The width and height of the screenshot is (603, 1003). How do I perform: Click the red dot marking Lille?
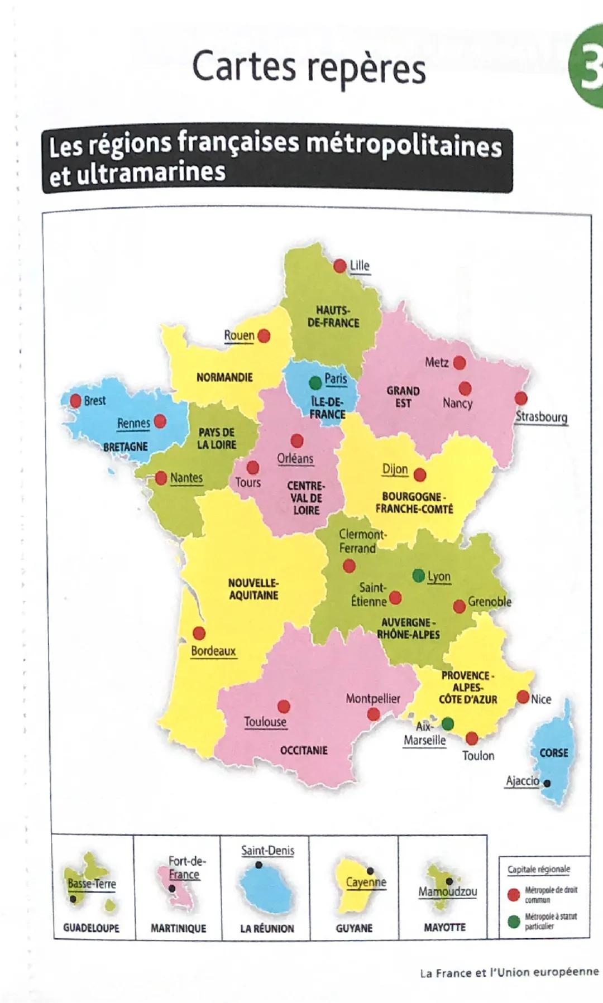pyautogui.click(x=339, y=266)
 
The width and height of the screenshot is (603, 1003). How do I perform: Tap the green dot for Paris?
pyautogui.click(x=315, y=382)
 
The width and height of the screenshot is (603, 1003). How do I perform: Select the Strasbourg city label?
pyautogui.click(x=541, y=417)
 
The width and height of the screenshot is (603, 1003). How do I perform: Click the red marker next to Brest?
pyautogui.click(x=75, y=400)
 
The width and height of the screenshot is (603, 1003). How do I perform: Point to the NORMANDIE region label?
pyautogui.click(x=224, y=377)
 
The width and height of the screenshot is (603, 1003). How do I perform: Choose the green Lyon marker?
pyautogui.click(x=418, y=575)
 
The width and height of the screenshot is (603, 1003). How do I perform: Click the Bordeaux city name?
pyautogui.click(x=213, y=651)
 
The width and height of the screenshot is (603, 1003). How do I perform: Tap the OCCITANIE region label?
pyautogui.click(x=304, y=750)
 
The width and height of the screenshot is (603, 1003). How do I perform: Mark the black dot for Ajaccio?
pyautogui.click(x=547, y=783)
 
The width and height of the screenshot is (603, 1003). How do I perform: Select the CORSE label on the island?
pyautogui.click(x=553, y=753)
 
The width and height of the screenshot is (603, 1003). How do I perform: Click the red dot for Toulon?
pyautogui.click(x=472, y=738)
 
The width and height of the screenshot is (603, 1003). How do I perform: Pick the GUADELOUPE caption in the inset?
pyautogui.click(x=91, y=928)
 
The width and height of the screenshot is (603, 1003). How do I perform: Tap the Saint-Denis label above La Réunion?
pyautogui.click(x=267, y=851)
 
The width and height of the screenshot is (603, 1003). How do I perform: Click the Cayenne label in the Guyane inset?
pyautogui.click(x=366, y=882)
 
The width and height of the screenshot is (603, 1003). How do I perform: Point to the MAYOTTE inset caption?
pyautogui.click(x=444, y=927)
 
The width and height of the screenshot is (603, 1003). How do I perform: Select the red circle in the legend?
pyautogui.click(x=514, y=895)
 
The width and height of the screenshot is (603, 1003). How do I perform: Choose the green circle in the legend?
pyautogui.click(x=514, y=921)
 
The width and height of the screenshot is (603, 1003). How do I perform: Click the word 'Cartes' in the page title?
pyautogui.click(x=244, y=66)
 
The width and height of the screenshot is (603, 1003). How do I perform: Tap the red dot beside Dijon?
pyautogui.click(x=420, y=475)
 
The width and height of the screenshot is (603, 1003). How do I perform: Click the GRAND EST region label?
pyautogui.click(x=403, y=397)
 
